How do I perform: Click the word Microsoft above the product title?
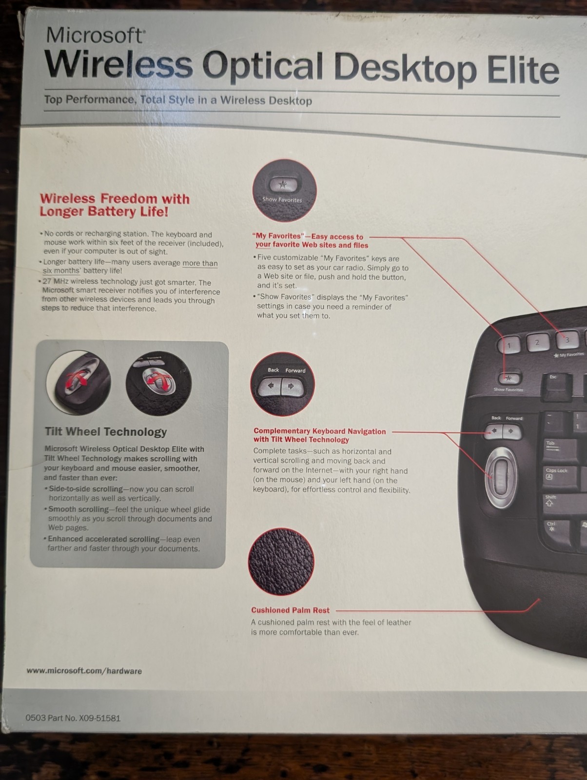click(x=95, y=35)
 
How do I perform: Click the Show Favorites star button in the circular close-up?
click(x=283, y=185)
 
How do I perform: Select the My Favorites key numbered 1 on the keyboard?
click(x=509, y=344)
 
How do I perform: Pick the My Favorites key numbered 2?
click(x=538, y=342)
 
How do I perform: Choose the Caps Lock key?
click(x=561, y=476)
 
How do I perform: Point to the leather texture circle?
click(x=281, y=561)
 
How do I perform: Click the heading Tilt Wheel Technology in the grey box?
click(x=106, y=432)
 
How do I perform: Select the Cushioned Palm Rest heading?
click(x=290, y=610)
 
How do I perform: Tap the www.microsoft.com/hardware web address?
click(x=84, y=671)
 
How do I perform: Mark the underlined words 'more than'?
click(x=200, y=263)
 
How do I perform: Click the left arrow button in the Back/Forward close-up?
click(x=270, y=386)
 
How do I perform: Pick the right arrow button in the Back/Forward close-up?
click(x=292, y=387)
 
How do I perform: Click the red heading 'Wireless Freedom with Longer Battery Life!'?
click(x=115, y=205)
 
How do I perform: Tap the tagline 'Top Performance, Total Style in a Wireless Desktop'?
click(x=178, y=100)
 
